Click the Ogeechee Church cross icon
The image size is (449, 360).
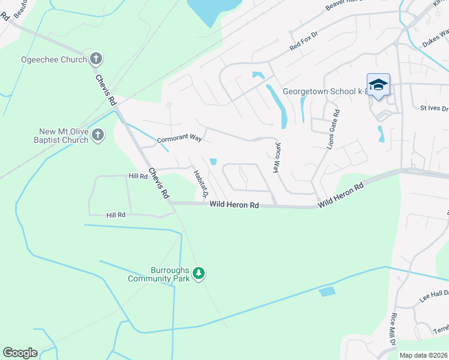(x=95, y=59)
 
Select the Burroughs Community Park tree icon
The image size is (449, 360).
(x=199, y=274)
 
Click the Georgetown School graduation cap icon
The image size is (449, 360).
(x=378, y=85)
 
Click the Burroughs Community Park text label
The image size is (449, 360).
(x=158, y=274)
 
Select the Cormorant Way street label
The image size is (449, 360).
(x=179, y=139)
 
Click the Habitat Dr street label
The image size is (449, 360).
(x=200, y=184)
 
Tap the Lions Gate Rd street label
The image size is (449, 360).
(x=333, y=129)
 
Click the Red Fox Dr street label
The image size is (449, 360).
(x=303, y=43)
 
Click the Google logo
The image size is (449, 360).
(x=20, y=353)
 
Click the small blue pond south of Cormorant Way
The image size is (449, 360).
(x=213, y=161)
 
